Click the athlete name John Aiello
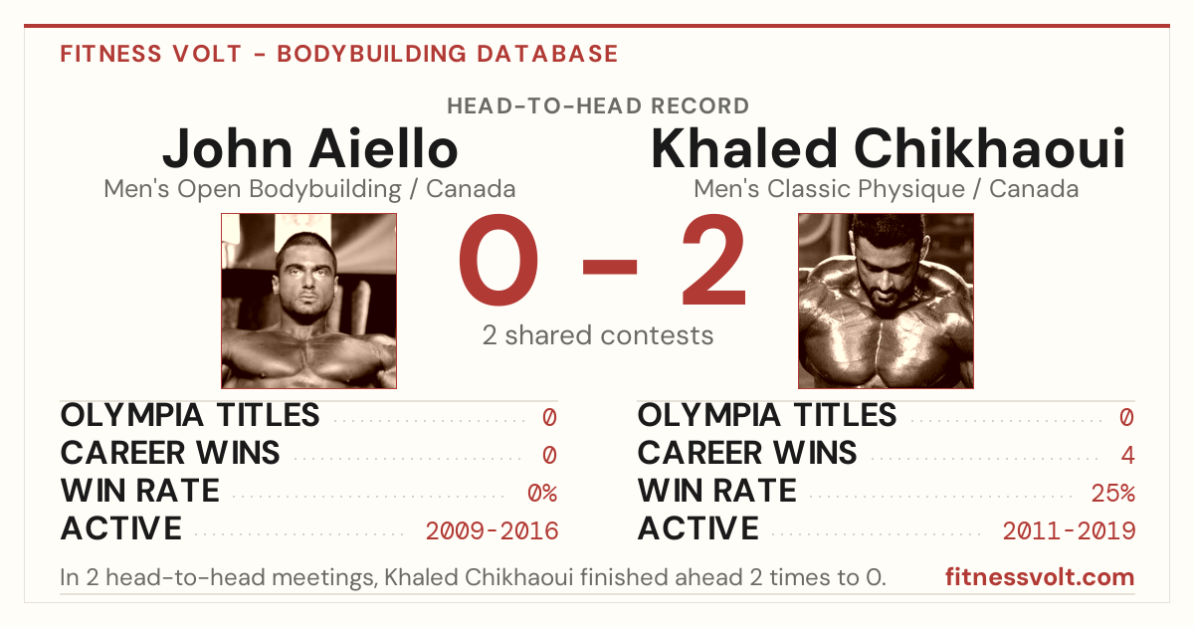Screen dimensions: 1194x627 (310, 148)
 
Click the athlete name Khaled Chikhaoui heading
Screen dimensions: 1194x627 (888, 148)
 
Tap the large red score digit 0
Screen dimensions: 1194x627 (498, 260)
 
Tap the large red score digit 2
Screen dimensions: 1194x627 (714, 260)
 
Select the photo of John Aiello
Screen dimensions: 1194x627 (309, 302)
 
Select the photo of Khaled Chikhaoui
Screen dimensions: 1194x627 (886, 302)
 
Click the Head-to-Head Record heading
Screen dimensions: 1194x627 (598, 106)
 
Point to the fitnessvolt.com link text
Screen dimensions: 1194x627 (1040, 577)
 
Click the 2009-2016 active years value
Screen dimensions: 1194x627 (492, 531)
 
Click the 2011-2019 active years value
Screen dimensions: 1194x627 (1070, 531)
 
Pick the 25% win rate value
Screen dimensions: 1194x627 (1113, 494)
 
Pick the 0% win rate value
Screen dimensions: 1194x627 (542, 494)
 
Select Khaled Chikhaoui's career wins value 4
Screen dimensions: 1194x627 (1127, 456)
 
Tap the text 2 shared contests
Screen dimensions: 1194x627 (598, 335)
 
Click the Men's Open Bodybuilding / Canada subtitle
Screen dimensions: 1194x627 (309, 189)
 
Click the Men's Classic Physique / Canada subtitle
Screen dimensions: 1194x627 (886, 189)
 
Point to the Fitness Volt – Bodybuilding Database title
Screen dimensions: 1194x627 (339, 54)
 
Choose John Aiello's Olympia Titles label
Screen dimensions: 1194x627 (190, 415)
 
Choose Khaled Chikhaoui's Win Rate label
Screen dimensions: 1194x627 (717, 491)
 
